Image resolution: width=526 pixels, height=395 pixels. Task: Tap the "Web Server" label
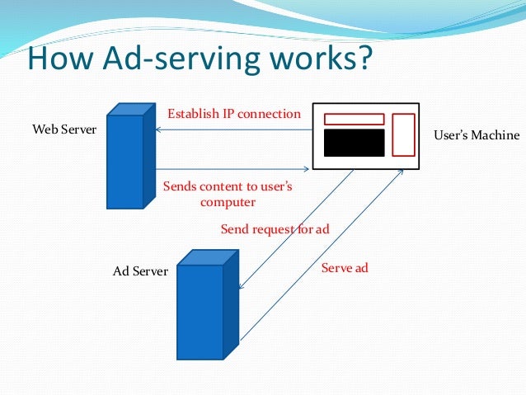(x=64, y=129)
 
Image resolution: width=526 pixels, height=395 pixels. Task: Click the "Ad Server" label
(x=139, y=270)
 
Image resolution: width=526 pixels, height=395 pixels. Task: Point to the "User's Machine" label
(x=477, y=135)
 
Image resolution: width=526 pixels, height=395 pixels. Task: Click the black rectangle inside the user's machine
(x=354, y=143)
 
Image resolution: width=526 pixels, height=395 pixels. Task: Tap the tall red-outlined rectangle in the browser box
(x=402, y=134)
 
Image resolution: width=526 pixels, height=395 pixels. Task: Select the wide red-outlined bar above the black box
(x=354, y=119)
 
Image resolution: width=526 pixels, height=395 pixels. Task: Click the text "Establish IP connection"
(x=234, y=113)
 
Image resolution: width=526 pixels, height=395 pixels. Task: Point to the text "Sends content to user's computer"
(x=228, y=194)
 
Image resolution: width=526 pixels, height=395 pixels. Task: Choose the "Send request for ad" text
(x=275, y=229)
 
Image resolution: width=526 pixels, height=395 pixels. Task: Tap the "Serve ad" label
(x=344, y=268)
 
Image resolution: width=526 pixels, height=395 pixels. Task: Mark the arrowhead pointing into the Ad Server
(x=241, y=286)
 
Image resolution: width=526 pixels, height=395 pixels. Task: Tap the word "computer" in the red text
(x=228, y=201)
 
